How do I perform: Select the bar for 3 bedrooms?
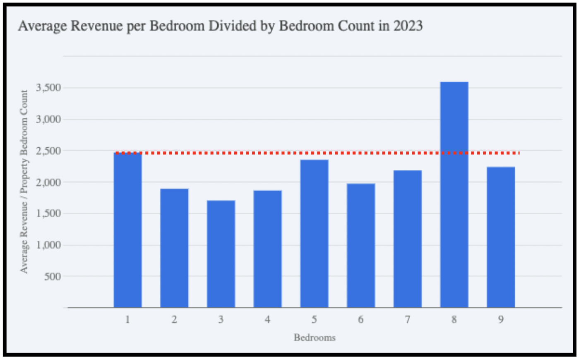pos(221,254)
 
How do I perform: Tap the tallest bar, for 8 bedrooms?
pos(454,194)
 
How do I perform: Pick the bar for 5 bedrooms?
pos(314,233)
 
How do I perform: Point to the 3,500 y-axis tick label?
pos(48,88)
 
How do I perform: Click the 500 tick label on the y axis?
pos(53,276)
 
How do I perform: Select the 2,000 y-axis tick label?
pos(48,182)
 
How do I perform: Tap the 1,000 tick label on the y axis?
pos(48,245)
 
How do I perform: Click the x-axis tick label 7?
pos(408,319)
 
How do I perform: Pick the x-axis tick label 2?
pos(174,319)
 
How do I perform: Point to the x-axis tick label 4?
pos(268,319)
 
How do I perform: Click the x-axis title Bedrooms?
pos(315,338)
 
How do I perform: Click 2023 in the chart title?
pos(408,26)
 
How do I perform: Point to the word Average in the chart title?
pos(42,26)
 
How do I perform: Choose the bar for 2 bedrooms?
pos(174,248)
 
